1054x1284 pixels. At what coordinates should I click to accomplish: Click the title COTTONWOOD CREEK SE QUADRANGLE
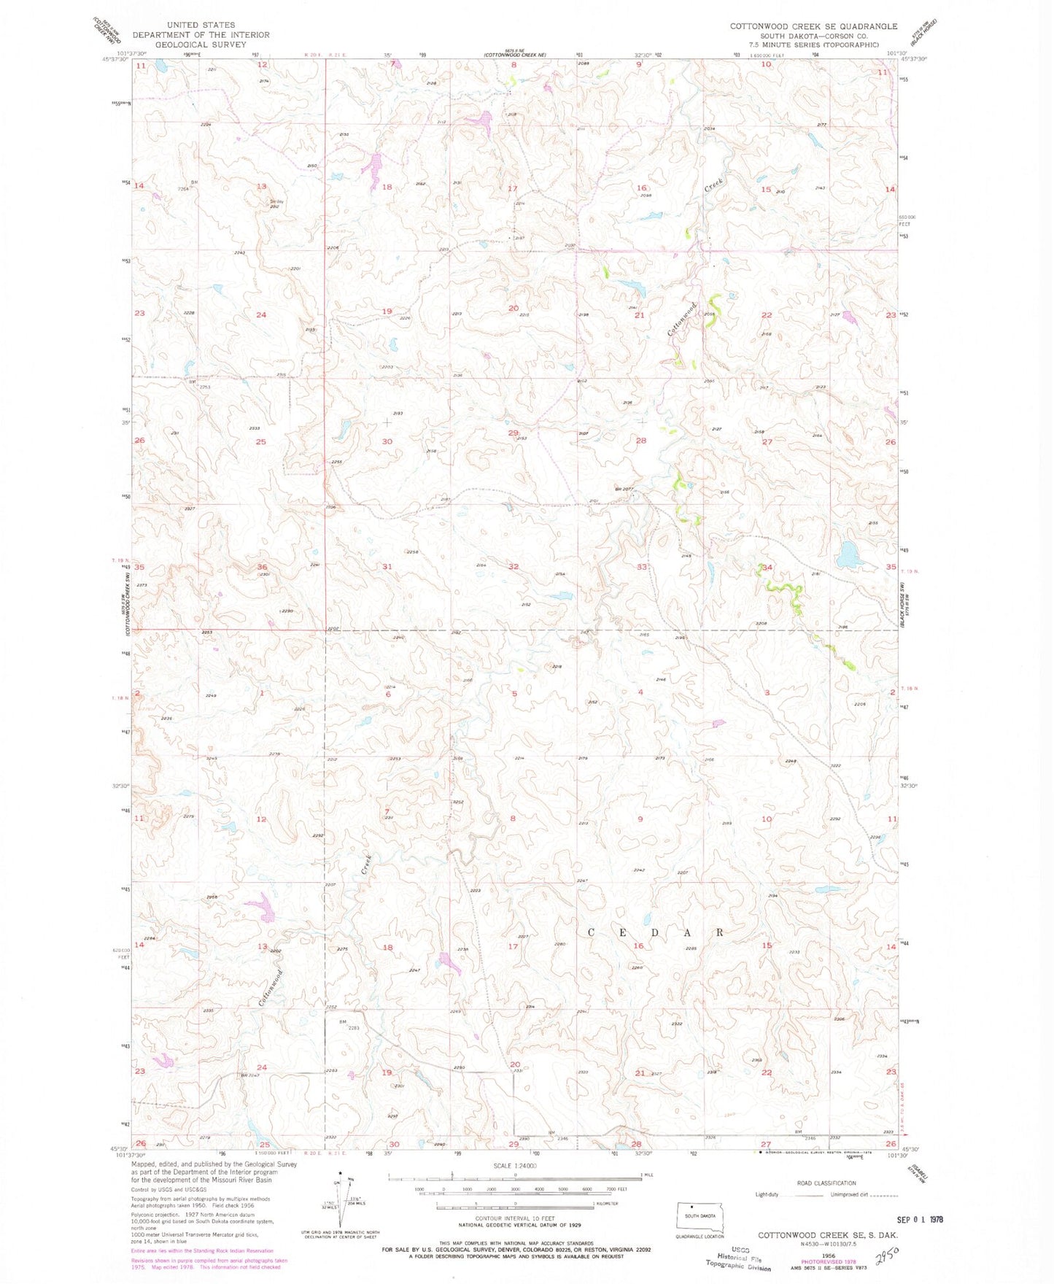pyautogui.click(x=813, y=26)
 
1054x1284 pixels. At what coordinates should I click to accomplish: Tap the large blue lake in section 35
pyautogui.click(x=848, y=554)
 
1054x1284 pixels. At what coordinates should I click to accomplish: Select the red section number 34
pyautogui.click(x=767, y=567)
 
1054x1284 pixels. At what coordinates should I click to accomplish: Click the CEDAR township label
pyautogui.click(x=655, y=932)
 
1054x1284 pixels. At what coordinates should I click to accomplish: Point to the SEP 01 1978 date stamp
pyautogui.click(x=926, y=1218)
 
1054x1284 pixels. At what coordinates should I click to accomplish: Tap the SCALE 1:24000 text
pyautogui.click(x=514, y=1165)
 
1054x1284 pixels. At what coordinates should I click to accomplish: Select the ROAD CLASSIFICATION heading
pyautogui.click(x=826, y=1183)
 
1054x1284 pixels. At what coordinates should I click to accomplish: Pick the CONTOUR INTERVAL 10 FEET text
pyautogui.click(x=514, y=1218)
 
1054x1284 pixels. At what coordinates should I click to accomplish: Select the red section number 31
pyautogui.click(x=387, y=567)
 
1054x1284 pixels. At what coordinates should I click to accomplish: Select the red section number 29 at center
pyautogui.click(x=513, y=433)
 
